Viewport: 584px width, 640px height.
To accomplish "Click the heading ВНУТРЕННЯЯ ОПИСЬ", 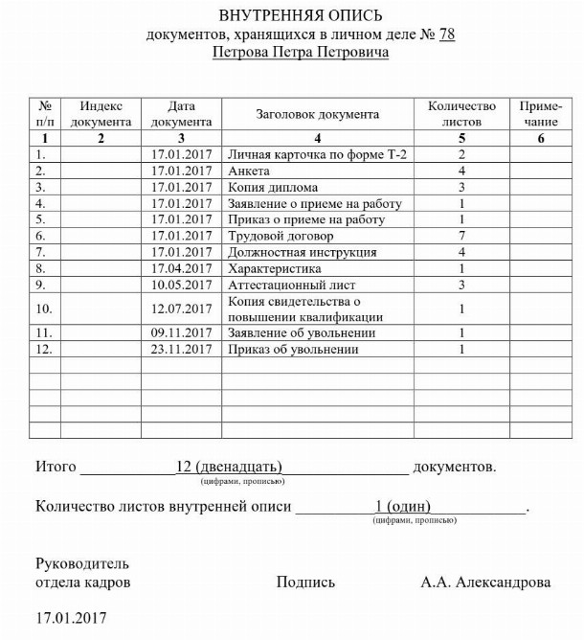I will click(x=301, y=16).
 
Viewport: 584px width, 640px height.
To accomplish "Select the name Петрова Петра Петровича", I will click(x=301, y=54).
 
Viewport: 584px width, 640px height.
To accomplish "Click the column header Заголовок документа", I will click(x=317, y=114).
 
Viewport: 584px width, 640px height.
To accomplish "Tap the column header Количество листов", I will click(x=461, y=114).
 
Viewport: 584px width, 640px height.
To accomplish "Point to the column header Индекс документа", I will click(x=101, y=114).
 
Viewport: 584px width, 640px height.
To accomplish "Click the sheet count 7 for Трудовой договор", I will click(x=461, y=236).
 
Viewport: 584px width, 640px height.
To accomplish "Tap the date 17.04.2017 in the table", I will click(x=181, y=268).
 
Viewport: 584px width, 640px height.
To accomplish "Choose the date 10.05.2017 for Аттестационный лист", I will click(x=181, y=285).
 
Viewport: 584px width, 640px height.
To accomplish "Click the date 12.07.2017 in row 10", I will click(x=181, y=309).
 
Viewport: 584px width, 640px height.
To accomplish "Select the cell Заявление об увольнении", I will click(x=302, y=332).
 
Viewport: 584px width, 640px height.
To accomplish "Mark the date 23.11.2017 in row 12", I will click(x=181, y=349).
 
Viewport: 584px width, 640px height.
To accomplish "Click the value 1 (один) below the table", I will click(x=403, y=506).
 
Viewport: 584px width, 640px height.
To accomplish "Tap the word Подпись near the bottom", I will click(x=305, y=582).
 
